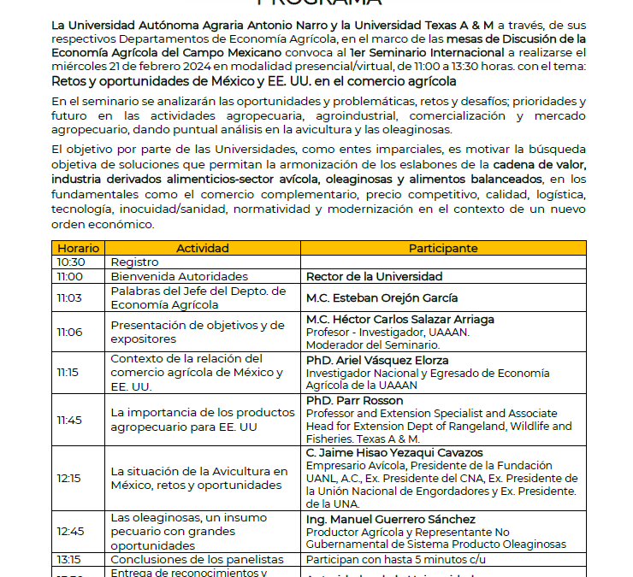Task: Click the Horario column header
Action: [78, 248]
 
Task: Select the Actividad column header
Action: [202, 248]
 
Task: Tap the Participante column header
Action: [442, 248]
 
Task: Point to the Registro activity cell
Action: [134, 262]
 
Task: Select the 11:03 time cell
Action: [69, 298]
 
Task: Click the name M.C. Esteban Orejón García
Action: [382, 298]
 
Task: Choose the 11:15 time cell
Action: [69, 373]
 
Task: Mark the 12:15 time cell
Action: [69, 479]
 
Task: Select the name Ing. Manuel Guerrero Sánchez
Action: [391, 520]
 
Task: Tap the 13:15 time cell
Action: [69, 559]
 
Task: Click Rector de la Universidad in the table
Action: [374, 277]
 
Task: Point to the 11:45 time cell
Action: [69, 420]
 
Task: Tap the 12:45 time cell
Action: [69, 532]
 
